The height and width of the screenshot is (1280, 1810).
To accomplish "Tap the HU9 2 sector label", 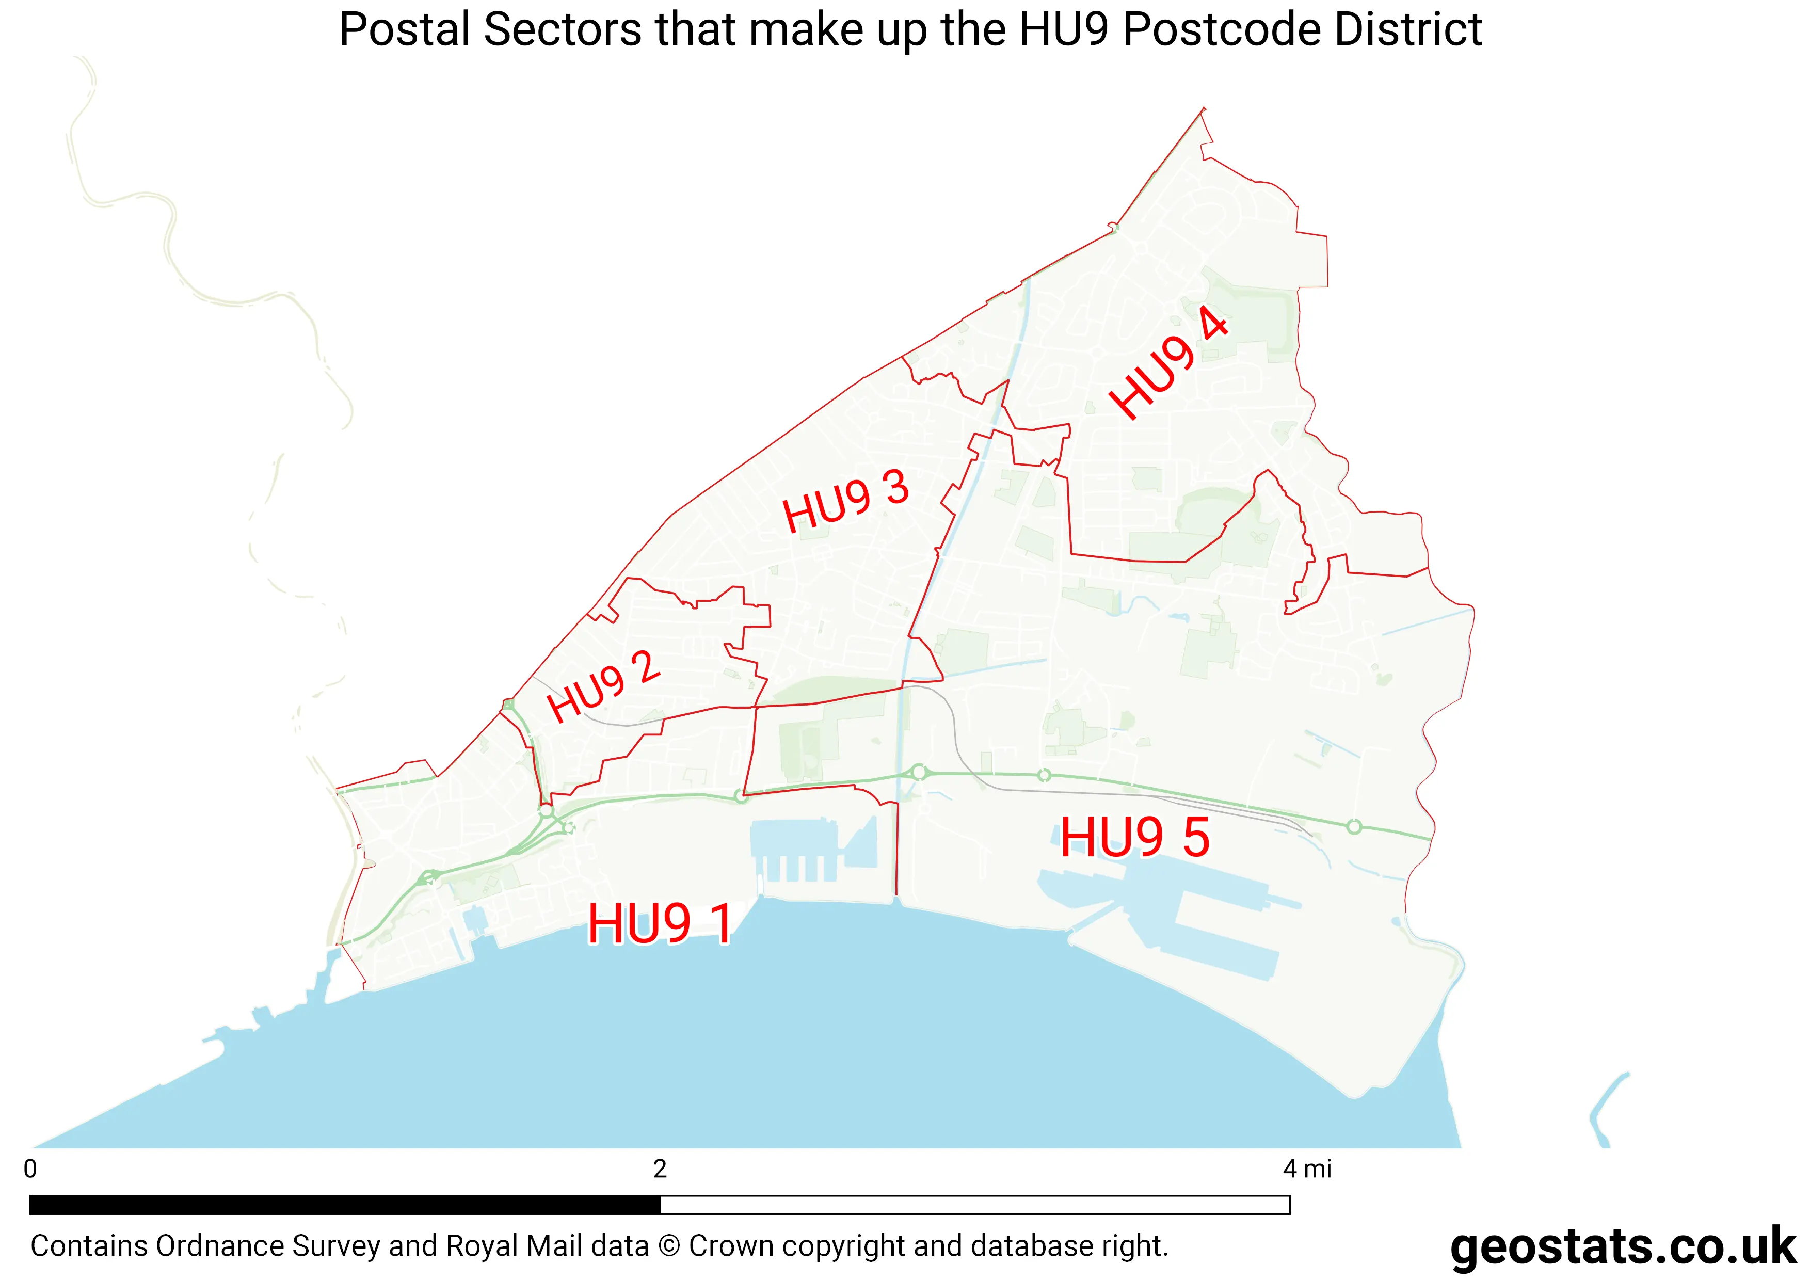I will [604, 686].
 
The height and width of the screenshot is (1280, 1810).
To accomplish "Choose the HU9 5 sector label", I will [1134, 837].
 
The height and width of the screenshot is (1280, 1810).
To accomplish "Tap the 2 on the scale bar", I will [660, 1169].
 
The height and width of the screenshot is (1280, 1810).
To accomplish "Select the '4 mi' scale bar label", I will [1306, 1169].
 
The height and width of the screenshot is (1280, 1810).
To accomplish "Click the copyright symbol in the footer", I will [668, 1246].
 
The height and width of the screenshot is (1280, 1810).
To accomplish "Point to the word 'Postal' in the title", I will [405, 30].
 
